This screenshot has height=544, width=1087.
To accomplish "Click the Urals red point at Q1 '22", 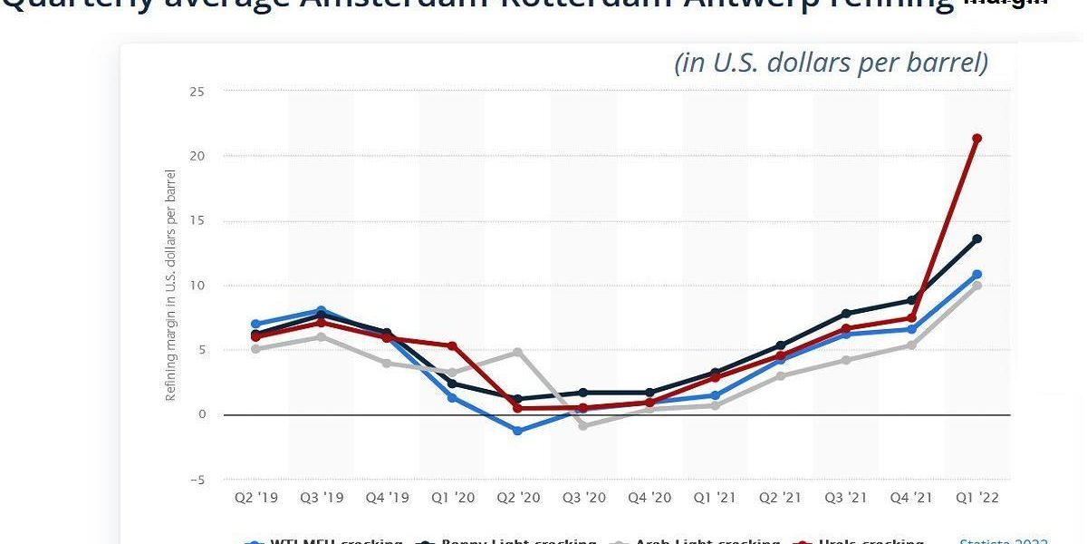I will (x=976, y=139).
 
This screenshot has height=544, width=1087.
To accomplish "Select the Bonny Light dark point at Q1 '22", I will (x=976, y=239).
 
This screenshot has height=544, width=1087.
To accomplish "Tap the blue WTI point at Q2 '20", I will (x=517, y=431).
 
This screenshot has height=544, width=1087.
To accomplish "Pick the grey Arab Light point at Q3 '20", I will (x=582, y=425).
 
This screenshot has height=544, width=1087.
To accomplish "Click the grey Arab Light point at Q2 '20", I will (x=517, y=352).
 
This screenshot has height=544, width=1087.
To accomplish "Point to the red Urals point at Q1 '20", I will (x=452, y=346).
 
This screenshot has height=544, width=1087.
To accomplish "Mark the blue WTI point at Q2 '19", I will (x=256, y=324).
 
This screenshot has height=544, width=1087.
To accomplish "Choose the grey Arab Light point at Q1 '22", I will (x=976, y=286).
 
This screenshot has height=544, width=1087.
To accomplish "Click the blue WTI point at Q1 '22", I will (x=976, y=275).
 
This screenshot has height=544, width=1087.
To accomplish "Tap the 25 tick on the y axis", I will (x=197, y=92).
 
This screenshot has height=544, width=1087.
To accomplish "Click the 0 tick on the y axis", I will (x=201, y=415).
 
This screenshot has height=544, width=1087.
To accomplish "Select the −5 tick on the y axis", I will (x=197, y=480).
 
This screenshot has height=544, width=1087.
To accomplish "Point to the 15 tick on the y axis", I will (x=197, y=221).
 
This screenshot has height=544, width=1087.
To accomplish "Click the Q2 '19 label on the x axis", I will (x=256, y=498).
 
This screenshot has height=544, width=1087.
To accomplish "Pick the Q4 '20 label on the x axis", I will (x=649, y=498).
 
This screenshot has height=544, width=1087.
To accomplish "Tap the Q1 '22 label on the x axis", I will (x=976, y=498).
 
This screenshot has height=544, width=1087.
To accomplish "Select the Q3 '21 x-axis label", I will (x=845, y=498).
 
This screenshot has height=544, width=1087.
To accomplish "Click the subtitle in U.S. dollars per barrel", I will (x=831, y=63).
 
